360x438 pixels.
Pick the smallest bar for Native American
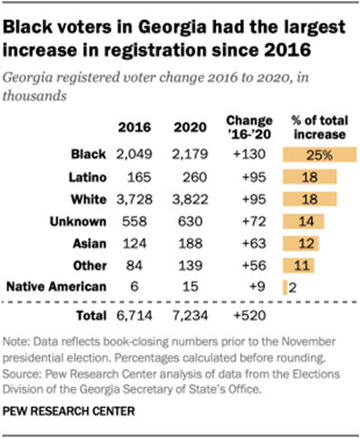[x=285, y=287]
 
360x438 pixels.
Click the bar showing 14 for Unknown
[x=300, y=220]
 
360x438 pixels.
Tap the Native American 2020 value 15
[x=190, y=287]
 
